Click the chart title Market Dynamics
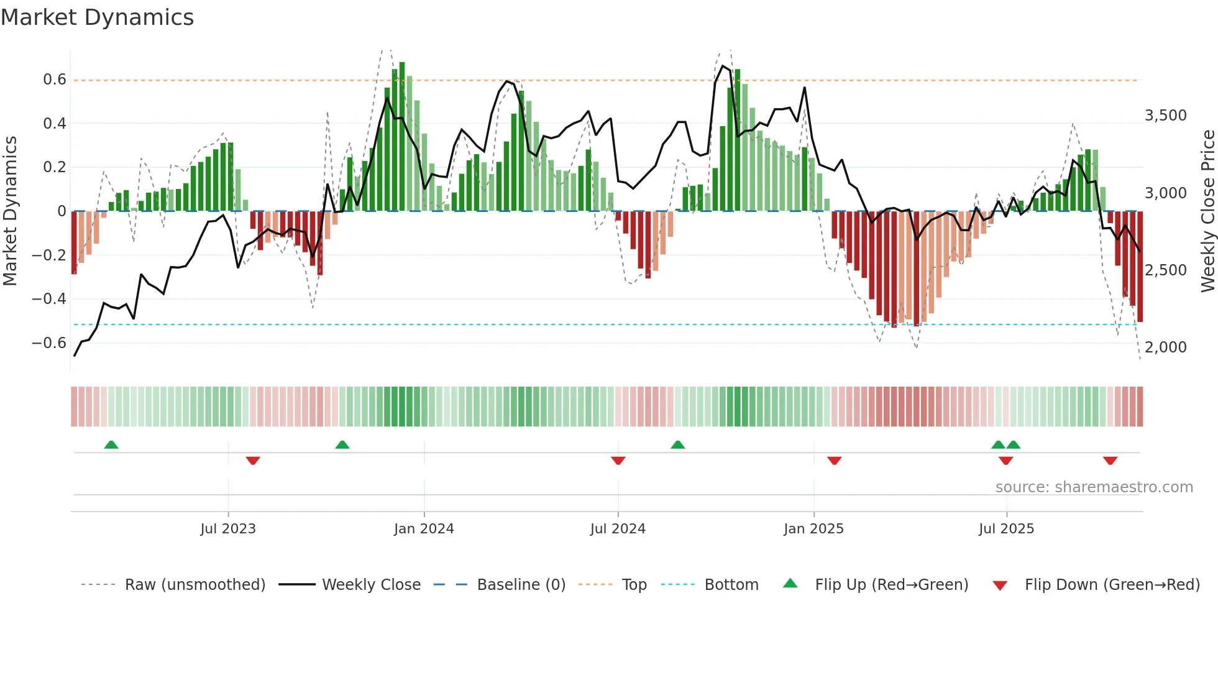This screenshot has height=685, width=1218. click(97, 17)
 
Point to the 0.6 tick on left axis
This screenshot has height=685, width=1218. click(55, 80)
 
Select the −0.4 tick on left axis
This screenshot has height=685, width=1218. click(49, 299)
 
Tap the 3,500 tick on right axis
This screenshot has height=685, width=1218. click(1166, 116)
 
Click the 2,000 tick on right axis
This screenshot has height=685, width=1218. click(1166, 347)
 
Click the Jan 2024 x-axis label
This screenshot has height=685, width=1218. click(424, 529)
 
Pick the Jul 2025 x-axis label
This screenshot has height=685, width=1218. click(1006, 529)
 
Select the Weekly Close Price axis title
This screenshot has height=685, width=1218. click(1207, 211)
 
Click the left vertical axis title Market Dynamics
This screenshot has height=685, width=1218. click(10, 211)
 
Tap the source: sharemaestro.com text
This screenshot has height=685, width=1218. click(1094, 487)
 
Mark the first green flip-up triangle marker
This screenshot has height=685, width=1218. click(111, 445)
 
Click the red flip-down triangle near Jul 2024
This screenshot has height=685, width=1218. click(618, 461)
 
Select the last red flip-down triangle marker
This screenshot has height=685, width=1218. click(1110, 461)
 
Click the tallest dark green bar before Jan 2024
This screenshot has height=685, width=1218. click(402, 137)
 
